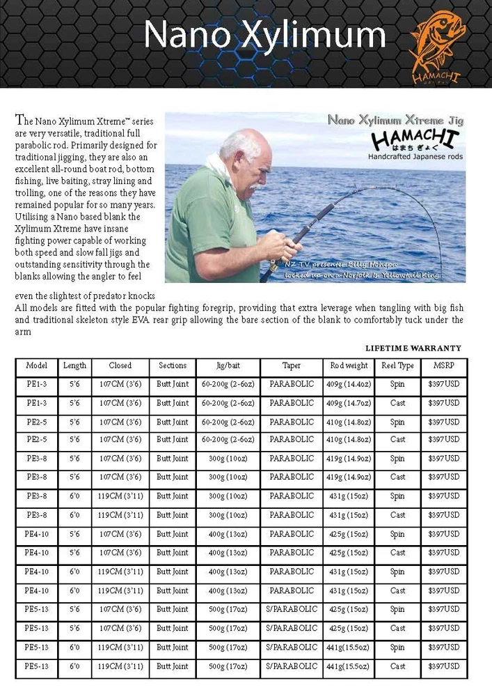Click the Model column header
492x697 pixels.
click(x=36, y=365)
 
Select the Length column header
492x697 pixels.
click(x=74, y=365)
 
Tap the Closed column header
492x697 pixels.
click(x=120, y=365)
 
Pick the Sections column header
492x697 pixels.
click(x=172, y=365)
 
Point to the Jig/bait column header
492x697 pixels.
click(x=224, y=365)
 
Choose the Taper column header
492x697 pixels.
click(x=292, y=365)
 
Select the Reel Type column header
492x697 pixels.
click(x=397, y=365)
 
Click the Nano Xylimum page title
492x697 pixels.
click(x=264, y=35)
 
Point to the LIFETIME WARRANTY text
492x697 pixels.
click(x=413, y=348)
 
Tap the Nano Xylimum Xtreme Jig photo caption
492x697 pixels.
click(x=395, y=120)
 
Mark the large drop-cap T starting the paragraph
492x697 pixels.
click(x=19, y=120)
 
